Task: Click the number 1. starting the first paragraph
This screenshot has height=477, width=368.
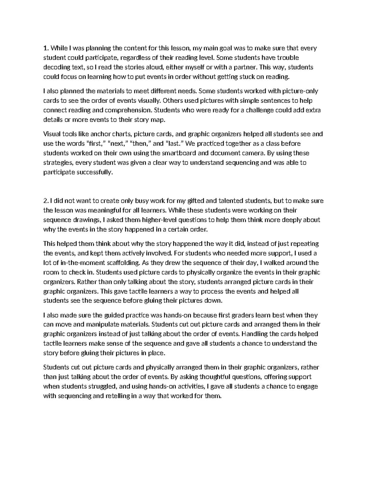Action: click(46, 48)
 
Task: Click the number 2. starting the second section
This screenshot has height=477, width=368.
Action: click(46, 201)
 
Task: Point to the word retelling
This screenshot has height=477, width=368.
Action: click(117, 396)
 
